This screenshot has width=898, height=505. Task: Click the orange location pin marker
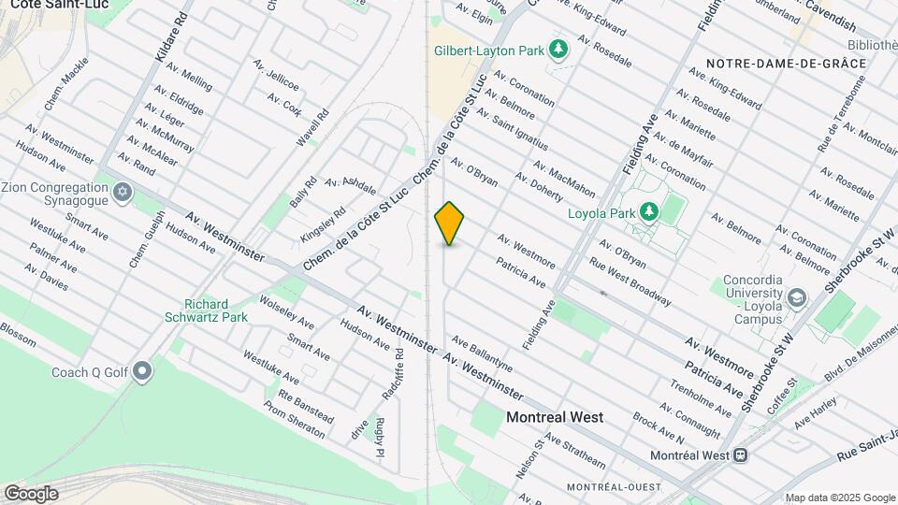coord(450,224)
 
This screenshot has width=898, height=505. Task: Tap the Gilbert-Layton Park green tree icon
coord(558,49)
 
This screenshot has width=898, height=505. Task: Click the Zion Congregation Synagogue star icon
coord(121,193)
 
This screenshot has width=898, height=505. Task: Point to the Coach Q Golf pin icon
coord(142,372)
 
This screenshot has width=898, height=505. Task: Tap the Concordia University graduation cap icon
coord(796,298)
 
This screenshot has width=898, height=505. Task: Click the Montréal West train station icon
coord(740,455)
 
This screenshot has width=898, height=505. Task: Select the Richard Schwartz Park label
coord(216,310)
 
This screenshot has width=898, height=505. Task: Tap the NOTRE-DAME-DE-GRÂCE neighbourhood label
coord(786,63)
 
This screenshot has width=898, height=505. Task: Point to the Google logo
coord(31,493)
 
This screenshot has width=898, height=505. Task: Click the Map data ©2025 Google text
coord(840,498)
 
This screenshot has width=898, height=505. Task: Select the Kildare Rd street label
coord(171,38)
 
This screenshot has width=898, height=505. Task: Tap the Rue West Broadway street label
coord(630,281)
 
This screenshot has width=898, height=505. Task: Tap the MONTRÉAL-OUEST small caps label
coord(613,487)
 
